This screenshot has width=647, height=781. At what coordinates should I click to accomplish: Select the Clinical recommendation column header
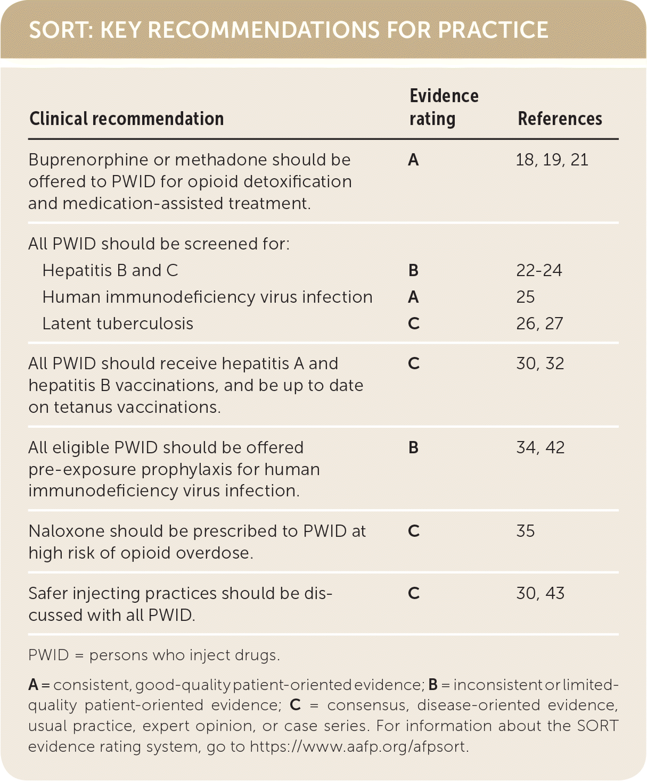point(127,119)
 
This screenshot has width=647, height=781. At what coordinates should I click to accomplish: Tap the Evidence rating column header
point(444,107)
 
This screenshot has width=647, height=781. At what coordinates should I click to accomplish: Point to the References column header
point(560,119)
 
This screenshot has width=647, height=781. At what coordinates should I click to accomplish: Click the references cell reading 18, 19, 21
point(552,160)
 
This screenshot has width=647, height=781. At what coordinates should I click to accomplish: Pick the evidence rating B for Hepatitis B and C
point(414,270)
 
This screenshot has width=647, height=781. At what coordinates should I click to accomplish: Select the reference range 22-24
point(539,270)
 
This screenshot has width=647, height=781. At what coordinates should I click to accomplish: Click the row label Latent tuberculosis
point(118,323)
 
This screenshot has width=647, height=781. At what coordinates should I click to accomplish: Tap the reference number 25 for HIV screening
point(525,297)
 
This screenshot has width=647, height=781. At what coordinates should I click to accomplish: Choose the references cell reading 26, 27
point(539,323)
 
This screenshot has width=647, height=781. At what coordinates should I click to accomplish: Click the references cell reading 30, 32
point(540,363)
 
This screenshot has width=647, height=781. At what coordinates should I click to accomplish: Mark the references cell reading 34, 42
point(540,447)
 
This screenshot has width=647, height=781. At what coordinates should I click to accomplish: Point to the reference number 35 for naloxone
point(525,531)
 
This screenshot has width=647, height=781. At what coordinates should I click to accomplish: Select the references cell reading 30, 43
point(540,593)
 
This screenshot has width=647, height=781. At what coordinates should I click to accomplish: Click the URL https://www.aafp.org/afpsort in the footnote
point(358,747)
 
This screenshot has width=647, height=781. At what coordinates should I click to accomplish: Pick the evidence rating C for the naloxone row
point(414,531)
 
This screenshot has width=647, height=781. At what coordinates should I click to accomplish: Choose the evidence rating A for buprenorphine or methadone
point(414,160)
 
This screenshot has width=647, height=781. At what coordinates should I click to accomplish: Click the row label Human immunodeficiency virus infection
point(207,297)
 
